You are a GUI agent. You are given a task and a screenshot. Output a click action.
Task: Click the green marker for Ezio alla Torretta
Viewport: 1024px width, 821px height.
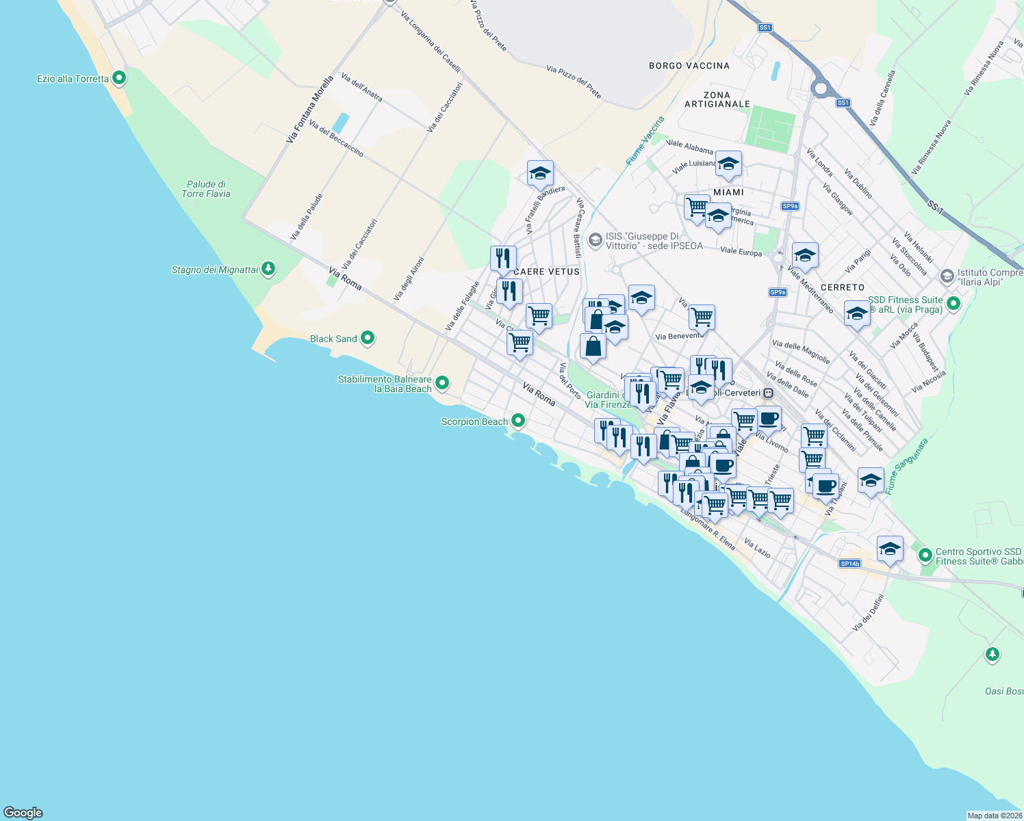(x=119, y=78)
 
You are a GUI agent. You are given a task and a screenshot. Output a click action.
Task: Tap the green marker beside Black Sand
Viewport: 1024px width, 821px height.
(x=368, y=338)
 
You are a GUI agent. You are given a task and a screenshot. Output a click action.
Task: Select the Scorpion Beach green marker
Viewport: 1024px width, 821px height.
(x=518, y=421)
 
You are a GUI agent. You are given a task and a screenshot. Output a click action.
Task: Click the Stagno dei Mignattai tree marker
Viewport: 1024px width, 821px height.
(x=268, y=269)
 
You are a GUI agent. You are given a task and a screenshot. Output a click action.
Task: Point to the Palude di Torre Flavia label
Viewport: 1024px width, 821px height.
(x=206, y=189)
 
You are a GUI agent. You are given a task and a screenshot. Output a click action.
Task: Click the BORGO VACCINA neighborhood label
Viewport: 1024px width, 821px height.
(x=689, y=66)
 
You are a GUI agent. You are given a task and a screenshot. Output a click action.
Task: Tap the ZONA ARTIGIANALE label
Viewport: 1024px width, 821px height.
(x=717, y=100)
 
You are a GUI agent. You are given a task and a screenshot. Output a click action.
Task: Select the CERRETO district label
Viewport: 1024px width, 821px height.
(x=842, y=287)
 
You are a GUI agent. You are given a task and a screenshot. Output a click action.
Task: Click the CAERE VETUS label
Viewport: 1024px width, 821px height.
(x=546, y=272)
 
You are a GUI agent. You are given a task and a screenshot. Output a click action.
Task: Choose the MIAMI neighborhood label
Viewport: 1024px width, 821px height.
(x=728, y=192)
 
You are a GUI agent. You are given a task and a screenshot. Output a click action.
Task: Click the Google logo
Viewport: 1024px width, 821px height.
(x=23, y=812)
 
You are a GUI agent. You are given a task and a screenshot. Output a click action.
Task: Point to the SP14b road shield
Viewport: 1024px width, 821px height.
(x=849, y=564)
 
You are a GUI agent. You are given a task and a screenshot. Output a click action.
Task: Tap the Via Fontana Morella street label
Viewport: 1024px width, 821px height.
(x=309, y=109)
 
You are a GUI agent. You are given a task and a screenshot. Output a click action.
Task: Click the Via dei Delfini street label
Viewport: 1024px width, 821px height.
(x=868, y=612)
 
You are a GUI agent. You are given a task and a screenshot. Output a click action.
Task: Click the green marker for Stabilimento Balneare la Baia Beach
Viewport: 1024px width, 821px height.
(x=442, y=383)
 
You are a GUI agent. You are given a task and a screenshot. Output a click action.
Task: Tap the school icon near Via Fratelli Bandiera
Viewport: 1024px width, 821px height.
(x=540, y=174)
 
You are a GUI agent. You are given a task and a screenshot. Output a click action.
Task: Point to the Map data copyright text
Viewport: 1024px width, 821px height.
(x=995, y=816)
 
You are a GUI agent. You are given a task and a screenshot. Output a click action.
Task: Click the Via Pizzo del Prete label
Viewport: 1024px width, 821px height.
(x=574, y=82)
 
